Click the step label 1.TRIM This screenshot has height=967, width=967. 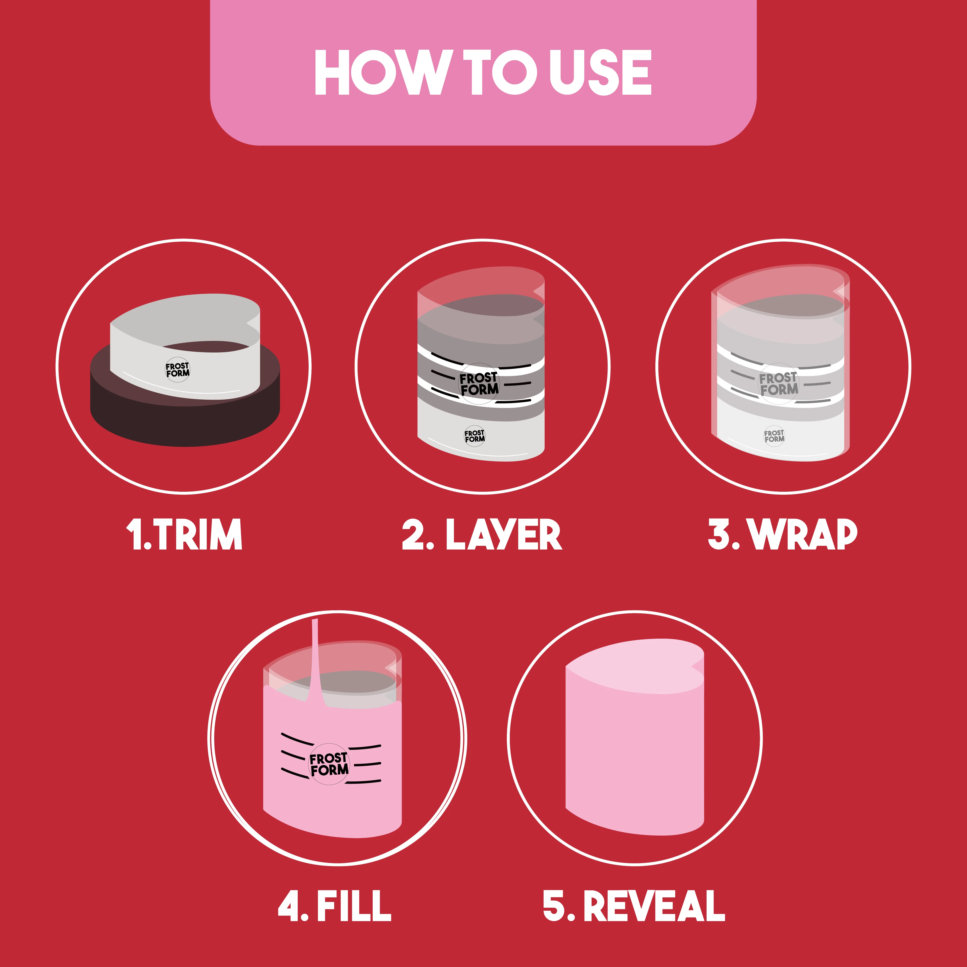[x=184, y=534]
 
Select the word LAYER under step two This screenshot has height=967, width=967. [x=503, y=534]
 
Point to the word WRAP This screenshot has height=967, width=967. [x=802, y=534]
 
